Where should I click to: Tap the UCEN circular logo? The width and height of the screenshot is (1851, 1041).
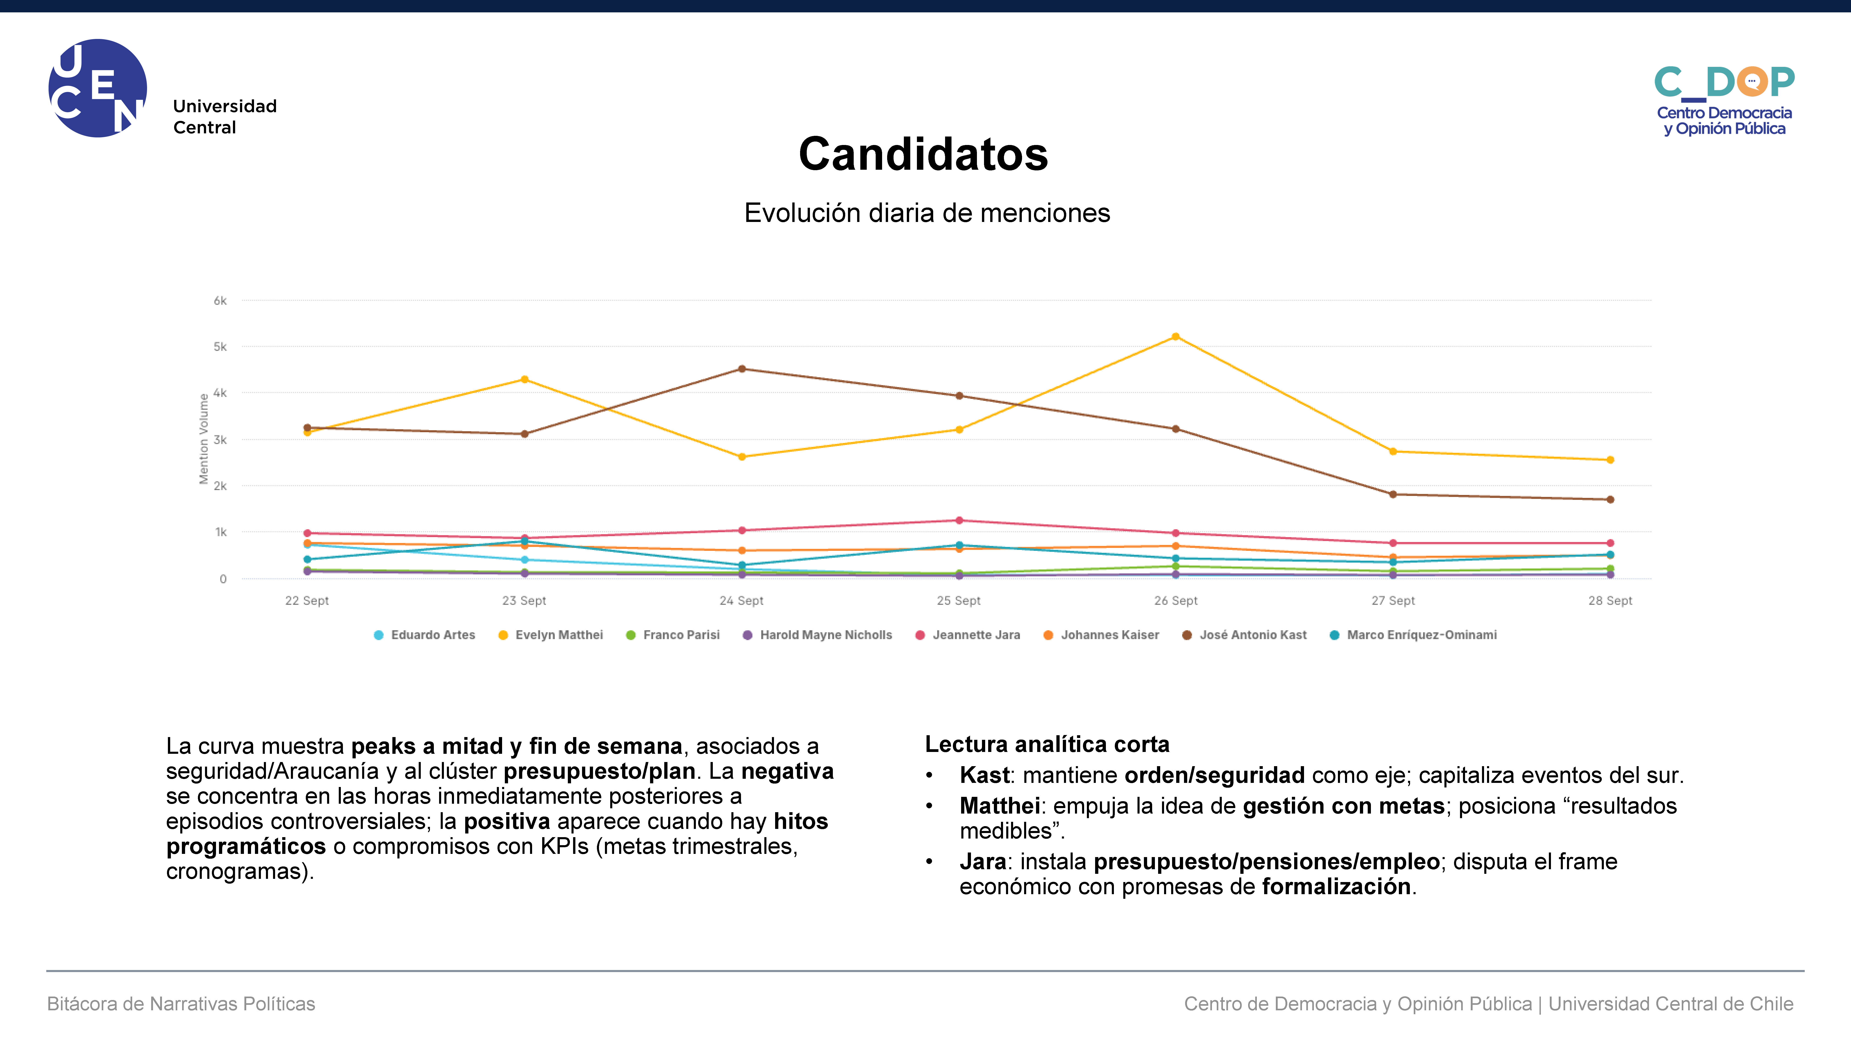(x=98, y=88)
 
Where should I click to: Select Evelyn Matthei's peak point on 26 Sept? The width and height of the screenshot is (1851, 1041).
(x=1176, y=336)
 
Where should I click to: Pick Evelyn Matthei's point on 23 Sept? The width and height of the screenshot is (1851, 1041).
(x=525, y=379)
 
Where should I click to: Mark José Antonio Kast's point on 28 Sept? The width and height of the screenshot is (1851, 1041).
(x=1610, y=499)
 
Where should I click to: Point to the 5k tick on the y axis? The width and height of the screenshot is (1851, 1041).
(x=220, y=346)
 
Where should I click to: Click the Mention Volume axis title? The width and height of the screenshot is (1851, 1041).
(x=203, y=438)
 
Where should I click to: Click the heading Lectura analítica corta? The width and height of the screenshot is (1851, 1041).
(x=1047, y=744)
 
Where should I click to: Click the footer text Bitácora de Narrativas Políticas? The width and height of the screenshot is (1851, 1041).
(x=181, y=1004)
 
